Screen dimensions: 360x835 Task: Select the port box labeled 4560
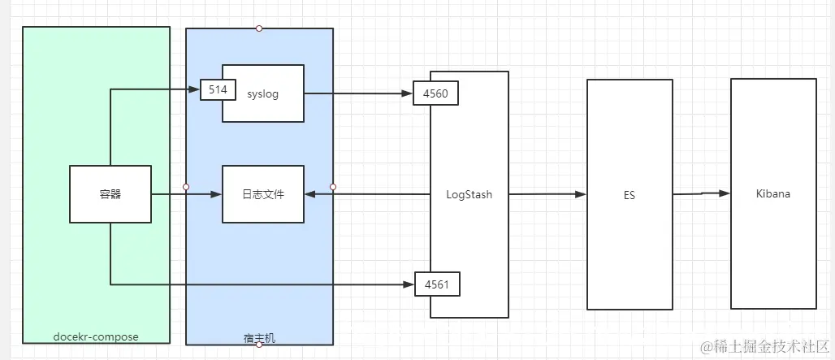pyautogui.click(x=436, y=93)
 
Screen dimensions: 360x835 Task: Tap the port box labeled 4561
pyautogui.click(x=437, y=284)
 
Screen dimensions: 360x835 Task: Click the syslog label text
pyautogui.click(x=262, y=93)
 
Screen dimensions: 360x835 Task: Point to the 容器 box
pyautogui.click(x=110, y=194)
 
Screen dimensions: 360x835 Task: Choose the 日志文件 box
pyautogui.click(x=263, y=194)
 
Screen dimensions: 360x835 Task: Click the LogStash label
pyautogui.click(x=469, y=194)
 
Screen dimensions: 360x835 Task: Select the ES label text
pyautogui.click(x=629, y=195)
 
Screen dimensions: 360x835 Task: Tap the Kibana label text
pyautogui.click(x=772, y=194)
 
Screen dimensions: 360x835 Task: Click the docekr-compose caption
pyautogui.click(x=96, y=336)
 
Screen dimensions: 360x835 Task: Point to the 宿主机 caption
pyautogui.click(x=259, y=336)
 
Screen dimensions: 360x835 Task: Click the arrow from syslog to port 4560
pyautogui.click(x=357, y=93)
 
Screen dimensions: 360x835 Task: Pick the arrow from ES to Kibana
pyautogui.click(x=701, y=193)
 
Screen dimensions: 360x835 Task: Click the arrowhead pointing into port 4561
pyautogui.click(x=408, y=284)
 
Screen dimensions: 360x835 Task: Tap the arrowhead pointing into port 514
pyautogui.click(x=195, y=89)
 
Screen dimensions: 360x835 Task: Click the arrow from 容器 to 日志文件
pyautogui.click(x=187, y=194)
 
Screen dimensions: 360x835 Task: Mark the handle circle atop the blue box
pyautogui.click(x=259, y=28)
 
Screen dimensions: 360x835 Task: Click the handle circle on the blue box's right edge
pyautogui.click(x=333, y=187)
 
